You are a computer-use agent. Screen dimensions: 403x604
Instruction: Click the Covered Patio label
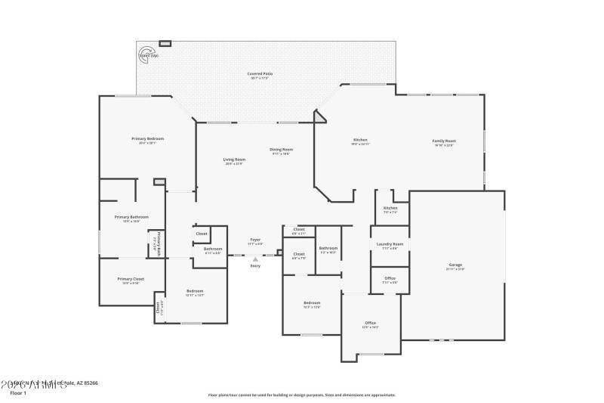click(x=260, y=75)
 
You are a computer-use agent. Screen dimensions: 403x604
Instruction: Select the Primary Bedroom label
click(x=147, y=140)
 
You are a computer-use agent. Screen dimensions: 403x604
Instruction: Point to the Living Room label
click(x=234, y=160)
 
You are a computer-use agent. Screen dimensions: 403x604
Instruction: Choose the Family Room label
click(x=444, y=142)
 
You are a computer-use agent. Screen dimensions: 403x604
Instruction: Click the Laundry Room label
click(x=390, y=245)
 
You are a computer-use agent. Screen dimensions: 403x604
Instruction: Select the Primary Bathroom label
click(x=131, y=218)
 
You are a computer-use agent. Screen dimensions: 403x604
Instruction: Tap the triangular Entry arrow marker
click(x=255, y=259)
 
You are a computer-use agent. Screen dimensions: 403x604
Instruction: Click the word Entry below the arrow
click(x=255, y=266)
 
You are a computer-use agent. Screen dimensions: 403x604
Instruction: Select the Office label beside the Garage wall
click(x=390, y=279)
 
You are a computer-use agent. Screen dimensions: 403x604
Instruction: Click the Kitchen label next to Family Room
click(x=361, y=141)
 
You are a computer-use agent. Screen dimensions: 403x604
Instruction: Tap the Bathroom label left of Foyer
click(x=212, y=250)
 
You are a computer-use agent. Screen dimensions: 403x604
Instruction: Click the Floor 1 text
click(x=17, y=393)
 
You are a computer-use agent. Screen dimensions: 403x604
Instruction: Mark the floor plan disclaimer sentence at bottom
click(x=301, y=395)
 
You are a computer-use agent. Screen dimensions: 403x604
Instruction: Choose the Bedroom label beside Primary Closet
click(x=195, y=292)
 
